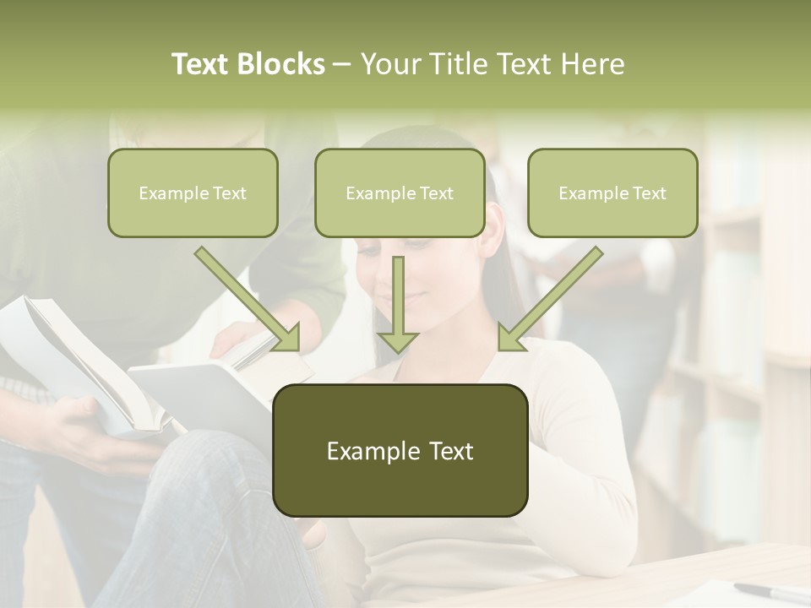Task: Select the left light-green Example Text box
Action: tap(193, 193)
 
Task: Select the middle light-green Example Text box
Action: tap(400, 193)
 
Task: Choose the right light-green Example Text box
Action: tap(612, 193)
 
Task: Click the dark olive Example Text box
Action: tap(400, 450)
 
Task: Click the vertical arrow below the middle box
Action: tap(397, 304)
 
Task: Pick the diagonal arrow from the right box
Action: tap(550, 300)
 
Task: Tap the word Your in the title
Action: tap(389, 64)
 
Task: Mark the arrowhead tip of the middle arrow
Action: tap(397, 352)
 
